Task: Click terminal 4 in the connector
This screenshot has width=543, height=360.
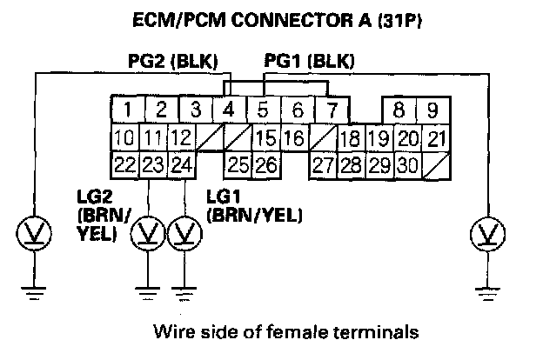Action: (x=229, y=110)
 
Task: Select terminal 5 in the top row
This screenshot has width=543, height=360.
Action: (x=263, y=110)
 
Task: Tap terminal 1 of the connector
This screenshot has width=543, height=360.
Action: (x=127, y=110)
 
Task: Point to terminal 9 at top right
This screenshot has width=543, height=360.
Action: (x=432, y=110)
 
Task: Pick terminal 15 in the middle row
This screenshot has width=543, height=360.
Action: (x=265, y=137)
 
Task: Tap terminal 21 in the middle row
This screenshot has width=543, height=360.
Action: (x=438, y=137)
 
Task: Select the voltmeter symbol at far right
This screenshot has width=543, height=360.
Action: (x=484, y=233)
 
